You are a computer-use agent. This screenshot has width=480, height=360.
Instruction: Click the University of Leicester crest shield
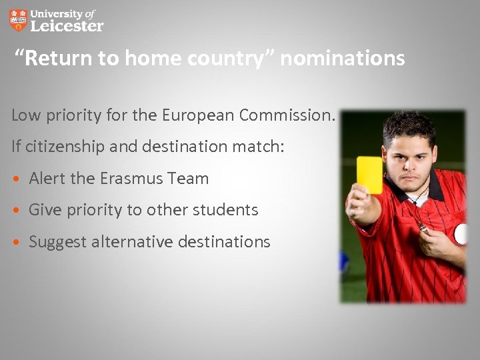(19, 20)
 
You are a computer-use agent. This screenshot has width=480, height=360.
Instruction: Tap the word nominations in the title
(343, 59)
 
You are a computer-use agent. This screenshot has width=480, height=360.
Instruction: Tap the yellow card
(369, 175)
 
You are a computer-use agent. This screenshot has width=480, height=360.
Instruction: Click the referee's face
(411, 157)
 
